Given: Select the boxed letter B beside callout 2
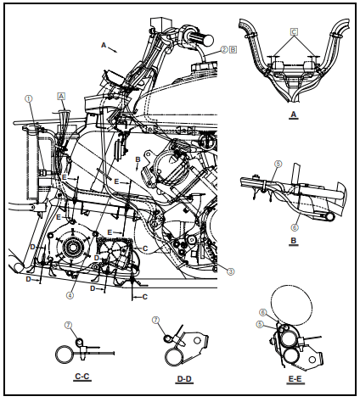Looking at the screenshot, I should coord(233,49).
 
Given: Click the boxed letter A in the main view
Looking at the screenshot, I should coord(61,96).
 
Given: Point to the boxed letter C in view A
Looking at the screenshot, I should coord(294,32).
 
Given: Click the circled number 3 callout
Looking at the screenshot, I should coord(230,271).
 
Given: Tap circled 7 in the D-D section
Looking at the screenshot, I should coord(155,320).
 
